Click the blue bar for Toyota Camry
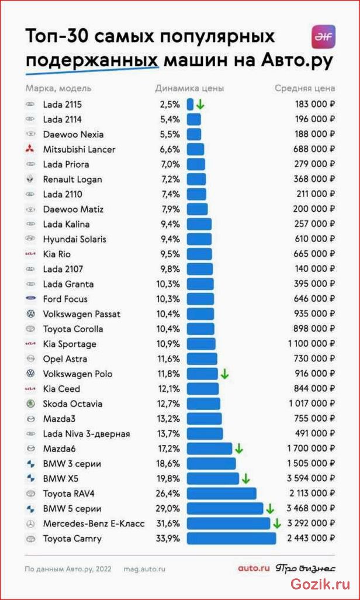231,539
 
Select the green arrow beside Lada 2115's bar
200,105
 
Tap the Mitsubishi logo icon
30,149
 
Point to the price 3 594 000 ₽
311,478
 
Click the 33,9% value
168,539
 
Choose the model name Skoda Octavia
72,404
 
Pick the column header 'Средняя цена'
305,88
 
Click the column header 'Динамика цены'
189,88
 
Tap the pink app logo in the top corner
324,37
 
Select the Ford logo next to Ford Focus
30,299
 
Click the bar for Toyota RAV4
221,494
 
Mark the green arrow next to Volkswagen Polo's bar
224,374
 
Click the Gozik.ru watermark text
320,584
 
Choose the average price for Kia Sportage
311,344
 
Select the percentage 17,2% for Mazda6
169,449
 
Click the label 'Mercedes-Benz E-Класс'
94,523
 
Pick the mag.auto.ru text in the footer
144,569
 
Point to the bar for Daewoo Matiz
197,209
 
